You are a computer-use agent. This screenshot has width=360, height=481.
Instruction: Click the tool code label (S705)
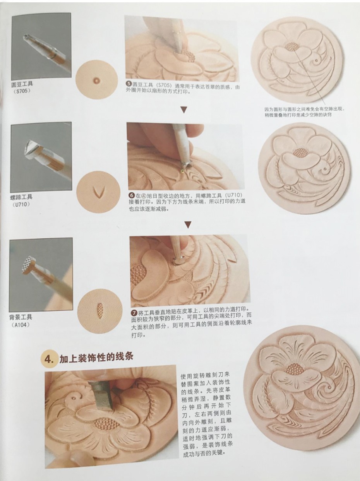22,91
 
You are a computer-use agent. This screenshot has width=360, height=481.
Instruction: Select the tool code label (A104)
21,325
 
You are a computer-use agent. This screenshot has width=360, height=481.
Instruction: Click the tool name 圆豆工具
22,84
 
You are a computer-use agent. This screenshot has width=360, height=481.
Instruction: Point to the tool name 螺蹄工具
21,197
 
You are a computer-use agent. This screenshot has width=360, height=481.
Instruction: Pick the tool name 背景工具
21,317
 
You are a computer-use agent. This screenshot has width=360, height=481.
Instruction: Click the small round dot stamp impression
96,81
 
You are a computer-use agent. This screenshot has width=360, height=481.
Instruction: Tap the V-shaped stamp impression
98,192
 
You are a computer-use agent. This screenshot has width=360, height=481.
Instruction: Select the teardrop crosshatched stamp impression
100,310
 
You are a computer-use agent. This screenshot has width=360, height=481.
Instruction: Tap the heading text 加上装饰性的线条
96,357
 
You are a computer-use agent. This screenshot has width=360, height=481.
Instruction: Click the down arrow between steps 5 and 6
184,110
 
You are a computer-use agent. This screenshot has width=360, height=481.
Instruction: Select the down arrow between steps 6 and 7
188,224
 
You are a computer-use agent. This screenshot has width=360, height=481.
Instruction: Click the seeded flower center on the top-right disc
292,46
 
